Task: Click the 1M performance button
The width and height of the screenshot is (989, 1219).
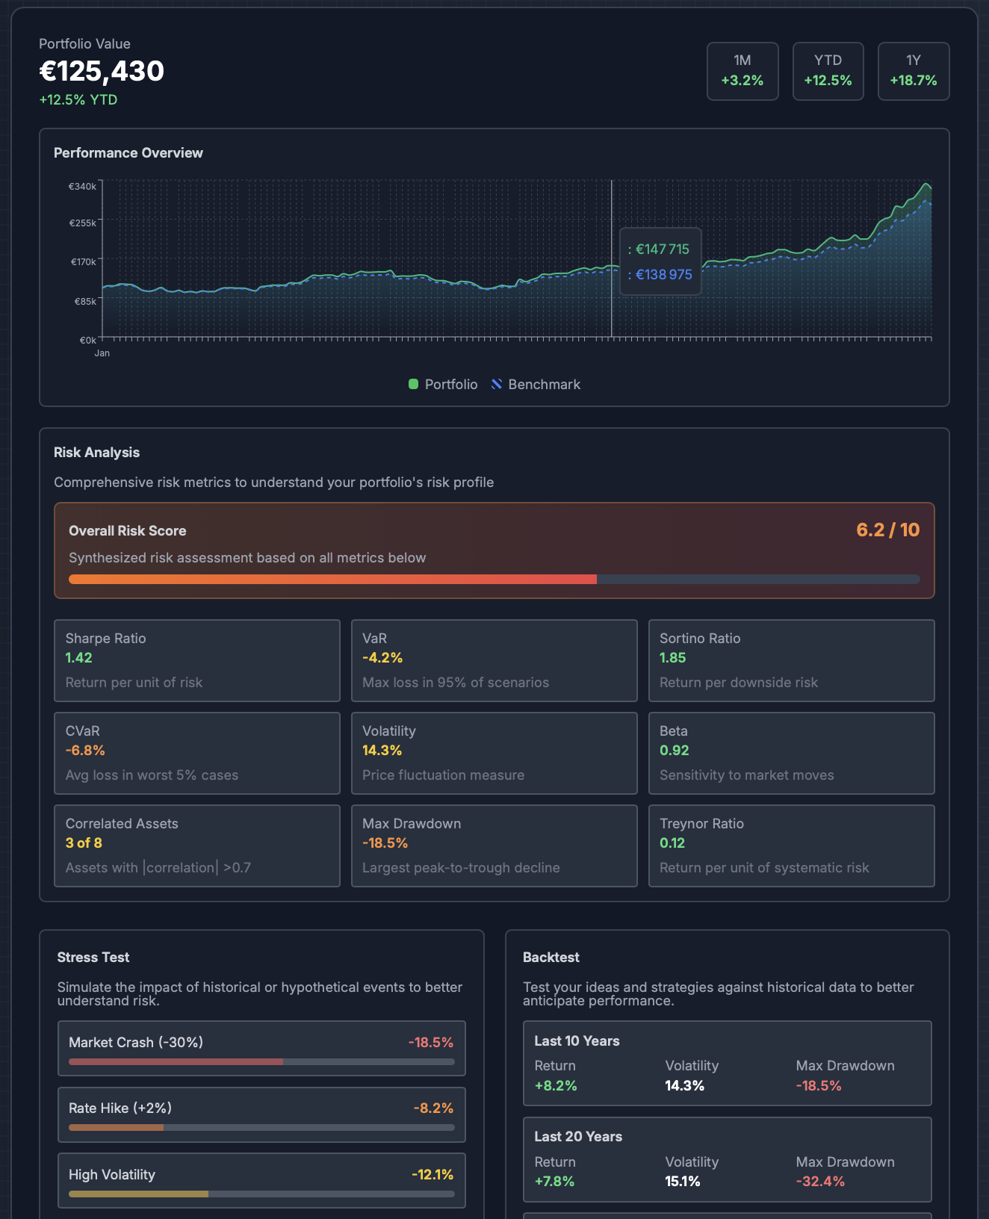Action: (742, 71)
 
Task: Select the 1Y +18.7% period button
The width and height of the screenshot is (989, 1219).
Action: (913, 71)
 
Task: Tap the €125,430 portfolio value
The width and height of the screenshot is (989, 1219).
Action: (102, 72)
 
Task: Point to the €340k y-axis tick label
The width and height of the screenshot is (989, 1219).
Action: (82, 187)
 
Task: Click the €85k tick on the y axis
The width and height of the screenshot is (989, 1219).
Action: (85, 302)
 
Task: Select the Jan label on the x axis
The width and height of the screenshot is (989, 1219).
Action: (102, 353)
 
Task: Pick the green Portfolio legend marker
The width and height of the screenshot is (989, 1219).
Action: (413, 385)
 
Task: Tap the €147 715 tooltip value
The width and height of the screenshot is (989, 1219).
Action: (662, 249)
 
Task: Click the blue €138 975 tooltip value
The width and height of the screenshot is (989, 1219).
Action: (663, 275)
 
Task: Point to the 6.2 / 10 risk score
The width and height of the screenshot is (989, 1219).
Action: (887, 530)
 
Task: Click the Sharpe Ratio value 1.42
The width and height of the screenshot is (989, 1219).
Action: (78, 658)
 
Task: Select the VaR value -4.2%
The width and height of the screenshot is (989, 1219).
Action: (382, 658)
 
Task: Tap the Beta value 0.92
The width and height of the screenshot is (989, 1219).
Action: (674, 751)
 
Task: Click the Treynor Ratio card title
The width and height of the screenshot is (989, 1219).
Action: (701, 824)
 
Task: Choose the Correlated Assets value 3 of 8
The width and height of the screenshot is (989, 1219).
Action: (84, 843)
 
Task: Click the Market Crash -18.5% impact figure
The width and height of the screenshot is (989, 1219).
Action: (430, 1043)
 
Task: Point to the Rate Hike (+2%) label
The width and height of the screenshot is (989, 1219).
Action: (120, 1108)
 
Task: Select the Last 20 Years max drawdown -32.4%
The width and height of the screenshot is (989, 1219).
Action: (820, 1182)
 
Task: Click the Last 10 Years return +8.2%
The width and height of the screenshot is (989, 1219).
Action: (556, 1086)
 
